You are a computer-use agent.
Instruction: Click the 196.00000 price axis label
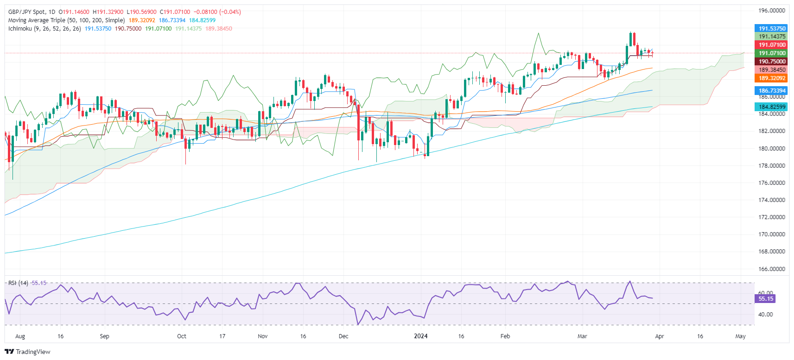(x=772, y=10)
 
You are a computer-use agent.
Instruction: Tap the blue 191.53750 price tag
(x=772, y=28)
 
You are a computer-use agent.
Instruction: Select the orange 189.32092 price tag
(x=772, y=78)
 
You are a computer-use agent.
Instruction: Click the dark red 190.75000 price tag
(x=772, y=62)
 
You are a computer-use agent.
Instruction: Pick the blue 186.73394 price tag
(x=772, y=91)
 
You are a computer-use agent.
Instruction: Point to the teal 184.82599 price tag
(x=772, y=107)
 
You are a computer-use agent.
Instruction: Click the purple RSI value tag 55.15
(x=765, y=299)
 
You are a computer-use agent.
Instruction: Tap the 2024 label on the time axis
(x=420, y=336)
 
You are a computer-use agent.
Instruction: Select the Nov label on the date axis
(x=262, y=336)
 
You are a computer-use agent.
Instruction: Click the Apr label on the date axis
(x=659, y=336)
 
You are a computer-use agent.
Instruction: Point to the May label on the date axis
(x=740, y=336)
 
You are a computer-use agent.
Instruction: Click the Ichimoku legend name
(x=20, y=29)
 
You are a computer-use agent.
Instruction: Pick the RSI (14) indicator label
(x=19, y=283)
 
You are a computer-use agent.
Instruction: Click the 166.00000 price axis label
(x=772, y=269)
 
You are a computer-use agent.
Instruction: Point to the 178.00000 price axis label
(x=772, y=165)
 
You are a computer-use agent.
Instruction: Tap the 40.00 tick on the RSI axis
(x=765, y=315)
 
